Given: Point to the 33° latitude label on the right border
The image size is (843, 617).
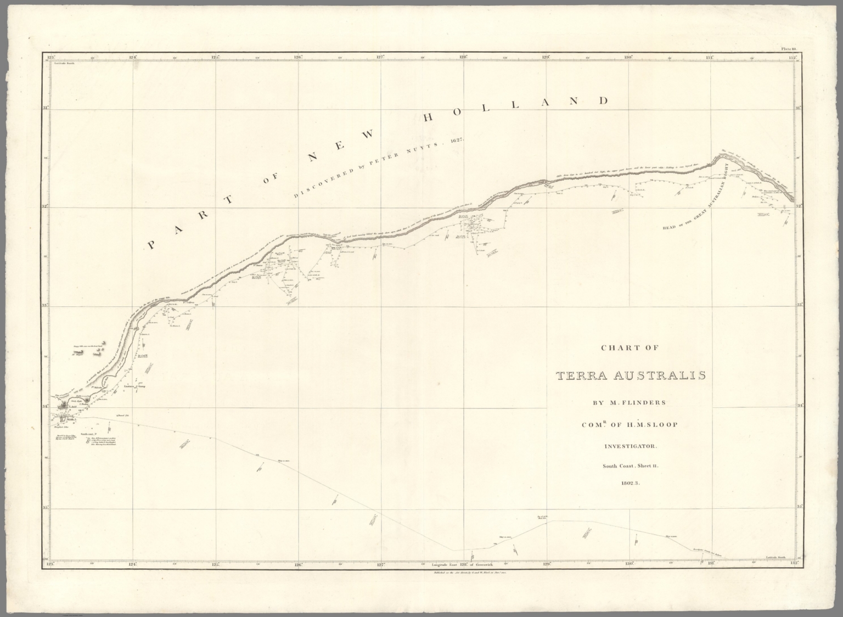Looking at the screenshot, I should point(800,305).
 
